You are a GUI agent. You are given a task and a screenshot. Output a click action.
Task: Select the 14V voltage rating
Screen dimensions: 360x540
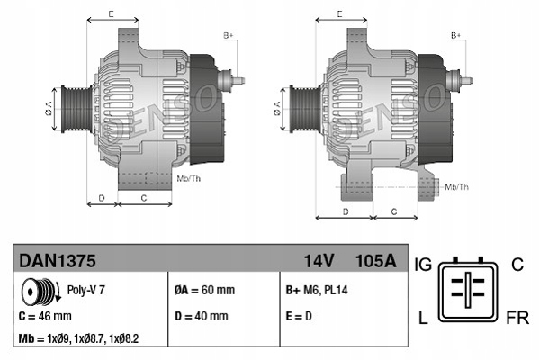[x=319, y=261]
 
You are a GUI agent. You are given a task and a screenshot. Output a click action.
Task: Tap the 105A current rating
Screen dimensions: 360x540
[x=376, y=261]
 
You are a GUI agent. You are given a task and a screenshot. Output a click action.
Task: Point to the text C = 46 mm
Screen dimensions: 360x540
[x=45, y=316]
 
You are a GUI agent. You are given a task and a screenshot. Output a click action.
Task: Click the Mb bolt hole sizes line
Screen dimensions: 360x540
[x=78, y=339]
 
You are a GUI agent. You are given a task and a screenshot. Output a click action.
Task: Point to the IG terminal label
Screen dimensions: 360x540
[x=425, y=265]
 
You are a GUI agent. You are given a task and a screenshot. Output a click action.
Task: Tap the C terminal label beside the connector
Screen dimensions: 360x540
[x=517, y=265]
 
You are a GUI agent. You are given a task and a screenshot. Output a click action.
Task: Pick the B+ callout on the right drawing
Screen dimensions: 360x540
[x=456, y=34]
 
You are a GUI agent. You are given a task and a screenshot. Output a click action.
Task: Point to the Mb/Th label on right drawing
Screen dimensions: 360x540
[x=457, y=186]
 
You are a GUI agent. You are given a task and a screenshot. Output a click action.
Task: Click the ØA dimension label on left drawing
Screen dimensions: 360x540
[x=48, y=111]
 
